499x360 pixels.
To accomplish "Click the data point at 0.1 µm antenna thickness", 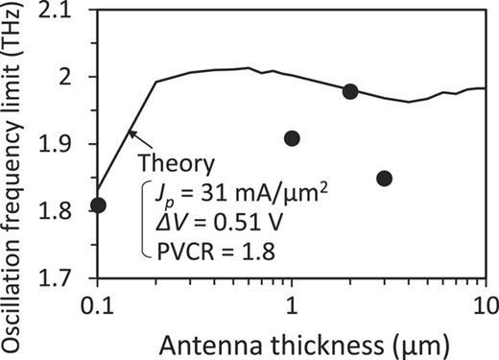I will click(98, 204).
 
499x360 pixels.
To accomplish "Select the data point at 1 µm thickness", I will click(293, 138).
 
